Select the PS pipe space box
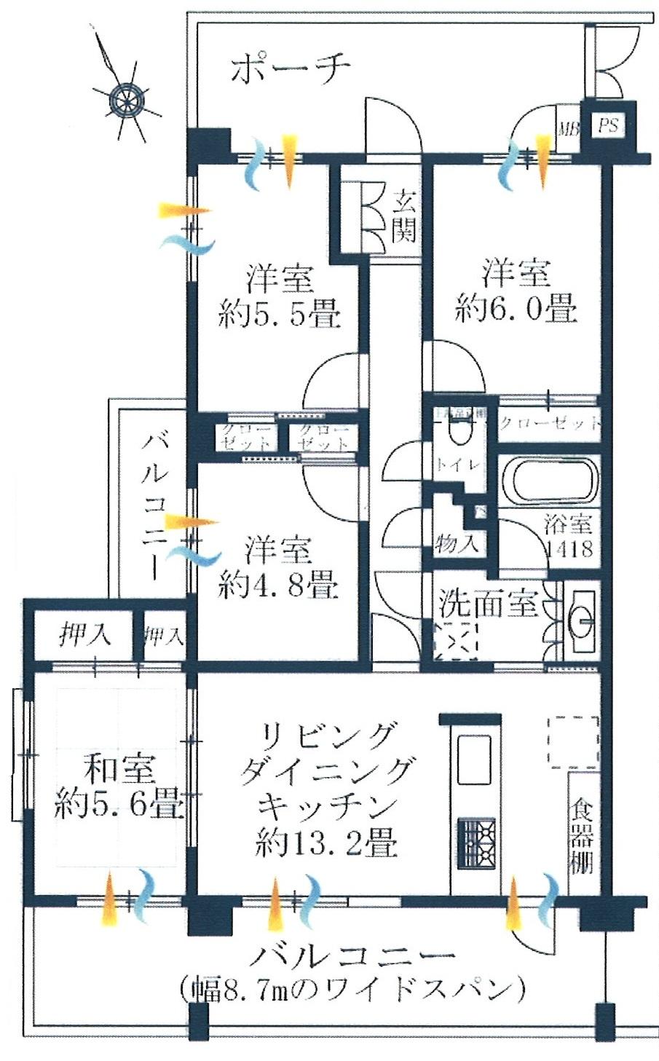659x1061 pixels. click(x=609, y=126)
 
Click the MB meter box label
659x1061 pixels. click(x=567, y=130)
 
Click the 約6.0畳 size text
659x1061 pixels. click(x=516, y=309)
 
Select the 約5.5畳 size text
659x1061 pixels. click(x=280, y=315)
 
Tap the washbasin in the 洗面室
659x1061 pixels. click(x=580, y=617)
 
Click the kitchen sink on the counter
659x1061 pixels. click(x=473, y=759)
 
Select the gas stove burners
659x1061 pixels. click(x=476, y=843)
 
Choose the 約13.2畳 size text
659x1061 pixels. click(x=326, y=844)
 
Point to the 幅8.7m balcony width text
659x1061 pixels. click(x=352, y=989)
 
